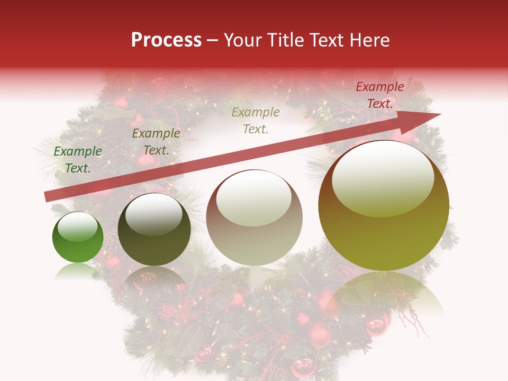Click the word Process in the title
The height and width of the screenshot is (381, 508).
tap(166, 40)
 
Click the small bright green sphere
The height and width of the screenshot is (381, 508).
tap(78, 238)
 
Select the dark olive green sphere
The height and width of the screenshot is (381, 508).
tap(154, 230)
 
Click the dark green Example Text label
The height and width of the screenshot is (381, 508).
tap(78, 160)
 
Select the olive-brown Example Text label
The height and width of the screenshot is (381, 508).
tap(156, 142)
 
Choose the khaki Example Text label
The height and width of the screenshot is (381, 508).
tap(256, 121)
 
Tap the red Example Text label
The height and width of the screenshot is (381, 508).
tap(380, 95)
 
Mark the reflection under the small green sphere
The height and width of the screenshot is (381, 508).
tap(77, 271)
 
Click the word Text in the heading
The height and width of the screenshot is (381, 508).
tap(328, 40)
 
